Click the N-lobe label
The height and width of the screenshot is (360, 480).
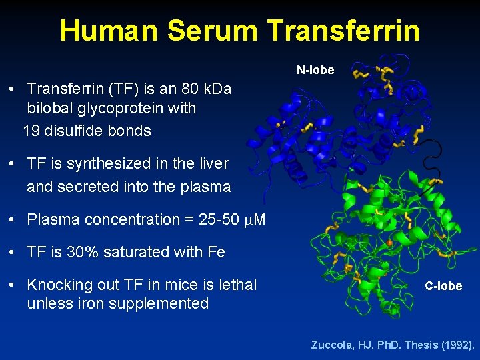coord(315,70)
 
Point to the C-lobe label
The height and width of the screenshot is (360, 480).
coord(443,286)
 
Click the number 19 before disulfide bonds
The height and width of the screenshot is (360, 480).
coord(31,131)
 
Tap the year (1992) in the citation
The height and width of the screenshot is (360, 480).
coord(454,345)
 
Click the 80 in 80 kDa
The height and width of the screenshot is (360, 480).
coord(169,89)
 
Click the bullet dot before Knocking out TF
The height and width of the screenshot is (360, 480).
coord(13,285)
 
